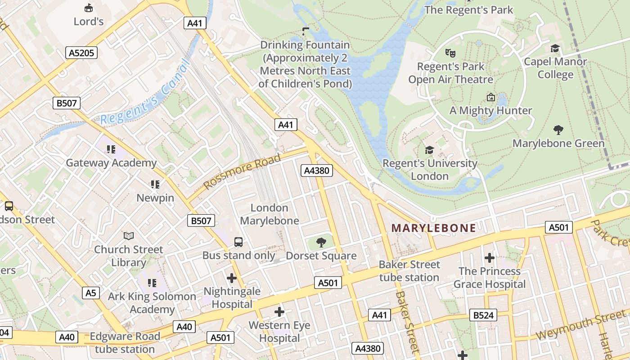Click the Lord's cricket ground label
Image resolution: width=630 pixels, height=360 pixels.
tap(89, 21)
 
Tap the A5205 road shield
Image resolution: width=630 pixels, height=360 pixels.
tap(81, 53)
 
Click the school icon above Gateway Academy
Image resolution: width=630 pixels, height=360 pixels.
tap(111, 149)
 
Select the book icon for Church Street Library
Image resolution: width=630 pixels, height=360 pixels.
tap(129, 236)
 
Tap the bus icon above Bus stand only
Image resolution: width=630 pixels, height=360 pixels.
tap(238, 242)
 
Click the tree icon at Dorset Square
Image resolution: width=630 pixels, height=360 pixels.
tap(321, 243)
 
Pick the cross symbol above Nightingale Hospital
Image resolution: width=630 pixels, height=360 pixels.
tap(232, 278)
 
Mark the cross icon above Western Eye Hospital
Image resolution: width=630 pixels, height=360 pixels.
tap(279, 311)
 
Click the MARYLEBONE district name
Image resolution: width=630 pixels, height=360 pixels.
tap(433, 228)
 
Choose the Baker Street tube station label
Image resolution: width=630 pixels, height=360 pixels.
tap(409, 271)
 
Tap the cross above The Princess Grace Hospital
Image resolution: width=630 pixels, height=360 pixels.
tap(490, 258)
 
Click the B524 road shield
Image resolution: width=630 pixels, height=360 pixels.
tap(483, 315)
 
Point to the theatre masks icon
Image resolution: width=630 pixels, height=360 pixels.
tap(450, 53)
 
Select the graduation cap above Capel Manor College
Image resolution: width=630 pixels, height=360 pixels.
tap(555, 48)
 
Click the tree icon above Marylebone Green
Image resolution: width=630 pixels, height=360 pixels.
tap(558, 130)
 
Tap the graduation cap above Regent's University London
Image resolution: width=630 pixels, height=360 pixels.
tap(430, 150)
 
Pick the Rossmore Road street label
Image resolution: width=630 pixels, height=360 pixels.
tap(242, 171)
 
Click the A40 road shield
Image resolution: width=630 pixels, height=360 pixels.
tap(184, 327)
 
